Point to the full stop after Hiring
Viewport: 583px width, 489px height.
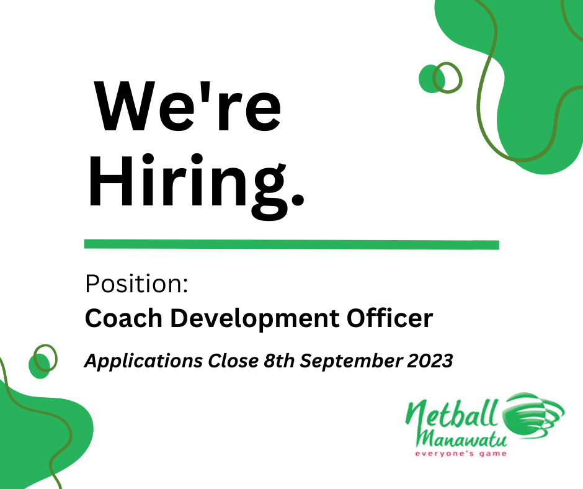[297, 199]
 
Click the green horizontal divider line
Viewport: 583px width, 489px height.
[291, 244]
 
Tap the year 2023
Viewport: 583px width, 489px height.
[429, 361]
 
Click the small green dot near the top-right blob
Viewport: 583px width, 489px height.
[429, 78]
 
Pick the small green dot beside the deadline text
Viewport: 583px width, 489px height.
[38, 366]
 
